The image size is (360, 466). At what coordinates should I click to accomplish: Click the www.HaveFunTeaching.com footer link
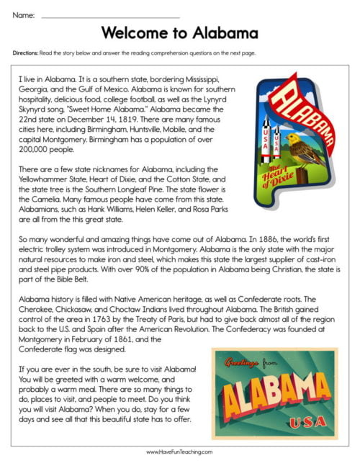(179, 452)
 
